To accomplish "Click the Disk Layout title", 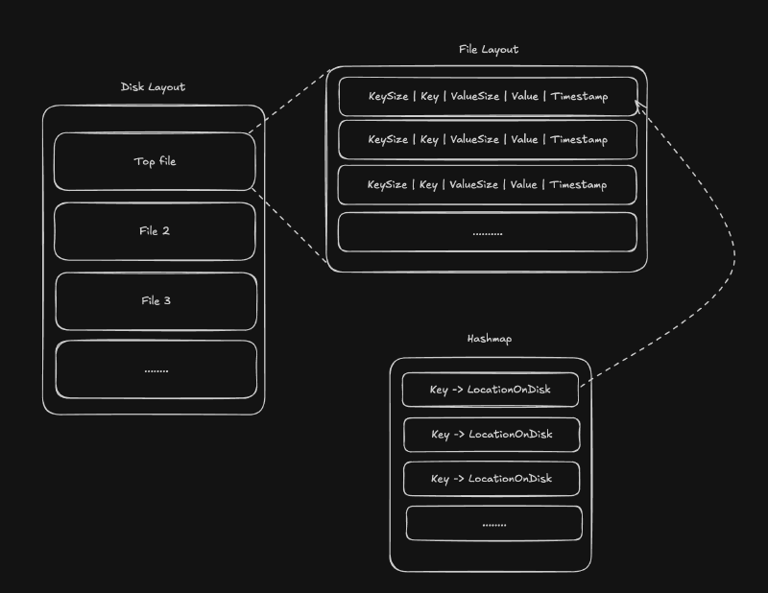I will coord(153,87).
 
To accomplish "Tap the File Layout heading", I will coord(489,50).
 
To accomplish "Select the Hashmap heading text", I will coord(491,340).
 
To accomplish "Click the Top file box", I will coord(155,161).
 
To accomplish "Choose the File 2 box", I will coord(155,231).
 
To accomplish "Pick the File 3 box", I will coord(156,301).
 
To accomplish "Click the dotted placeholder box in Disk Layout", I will coord(156,369).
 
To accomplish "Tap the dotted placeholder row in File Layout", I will coord(488,232).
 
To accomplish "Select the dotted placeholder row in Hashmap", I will coord(494,523).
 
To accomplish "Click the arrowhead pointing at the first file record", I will coord(639,105).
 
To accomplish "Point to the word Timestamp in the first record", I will coord(579,97).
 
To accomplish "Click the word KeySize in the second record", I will coord(388,140).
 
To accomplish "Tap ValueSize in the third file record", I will coord(474,184).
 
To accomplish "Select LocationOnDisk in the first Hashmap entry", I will coord(510,391).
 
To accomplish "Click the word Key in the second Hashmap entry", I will coord(441,435).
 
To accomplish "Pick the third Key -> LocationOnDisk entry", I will coord(492,479).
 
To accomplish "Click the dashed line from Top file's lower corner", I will coord(292,226).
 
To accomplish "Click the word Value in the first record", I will coord(524,97).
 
